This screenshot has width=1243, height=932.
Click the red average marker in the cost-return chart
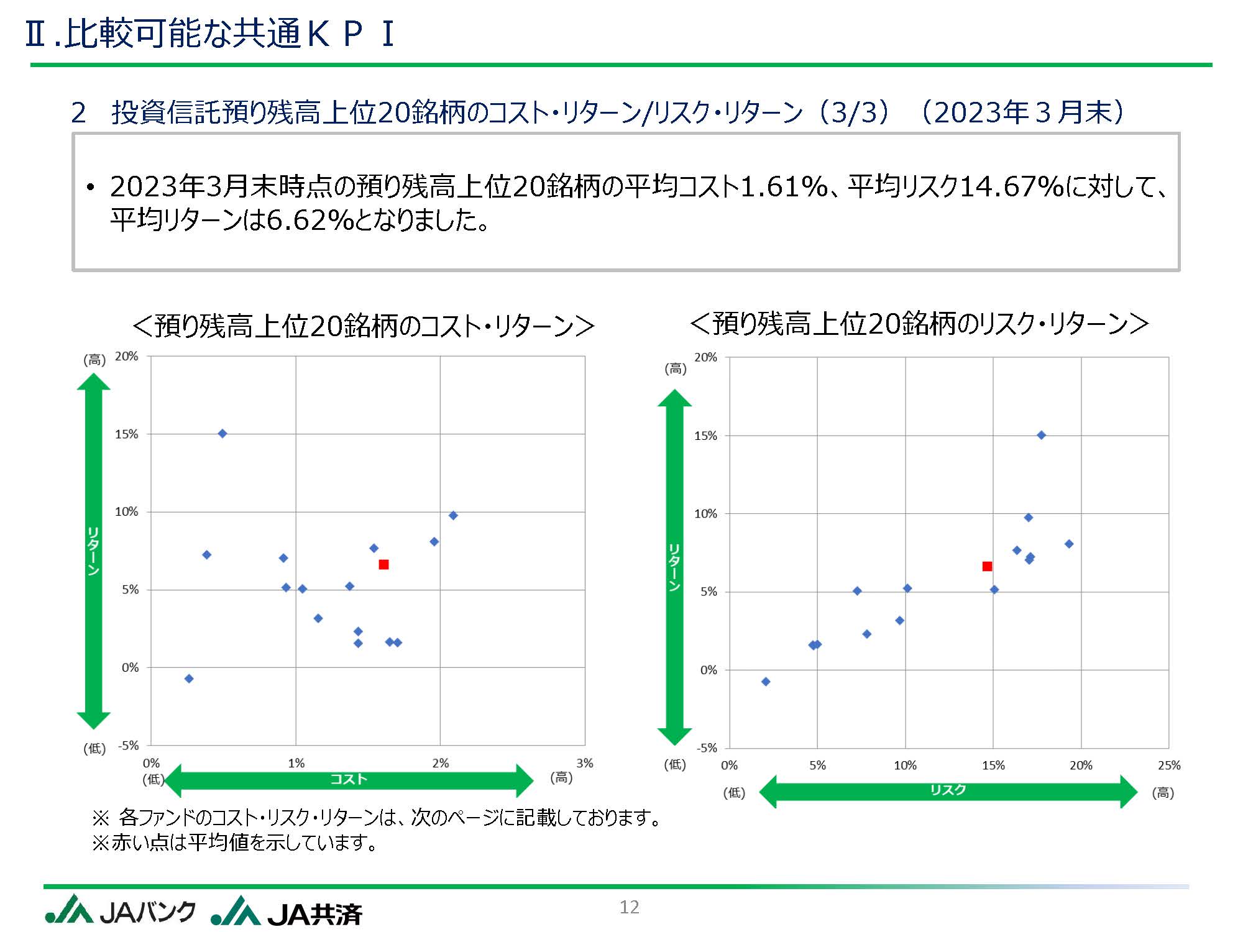(x=383, y=564)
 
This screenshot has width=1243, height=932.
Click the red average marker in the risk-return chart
(x=987, y=566)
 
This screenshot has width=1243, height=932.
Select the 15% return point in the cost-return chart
(x=222, y=434)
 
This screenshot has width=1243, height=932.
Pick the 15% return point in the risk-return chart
(x=1041, y=435)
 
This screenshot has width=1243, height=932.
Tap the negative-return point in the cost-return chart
(x=189, y=678)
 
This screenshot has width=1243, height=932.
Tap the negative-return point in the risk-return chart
(x=766, y=682)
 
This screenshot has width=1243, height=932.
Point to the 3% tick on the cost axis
(x=584, y=763)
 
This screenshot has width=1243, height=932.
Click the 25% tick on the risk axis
(x=1168, y=765)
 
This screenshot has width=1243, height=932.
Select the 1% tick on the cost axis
(x=296, y=763)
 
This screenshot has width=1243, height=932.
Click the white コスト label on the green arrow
(x=349, y=779)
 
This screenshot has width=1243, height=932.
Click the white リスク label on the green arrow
(x=948, y=790)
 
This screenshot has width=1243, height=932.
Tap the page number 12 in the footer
(x=629, y=907)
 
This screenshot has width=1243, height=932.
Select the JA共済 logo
(x=287, y=912)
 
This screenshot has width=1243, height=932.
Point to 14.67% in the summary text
(x=1012, y=186)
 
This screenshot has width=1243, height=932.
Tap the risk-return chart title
(x=920, y=324)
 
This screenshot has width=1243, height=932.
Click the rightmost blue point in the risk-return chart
(x=1069, y=544)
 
